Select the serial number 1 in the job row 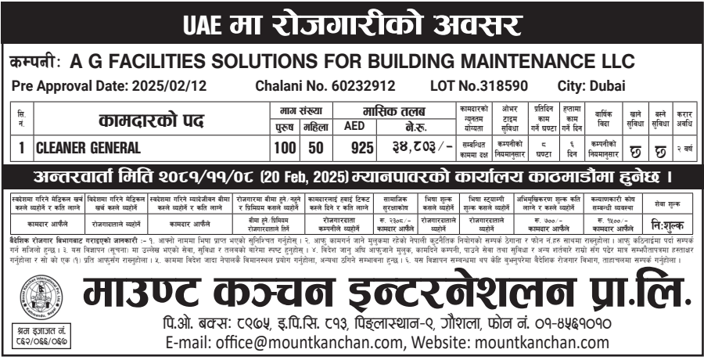click(x=21, y=146)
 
